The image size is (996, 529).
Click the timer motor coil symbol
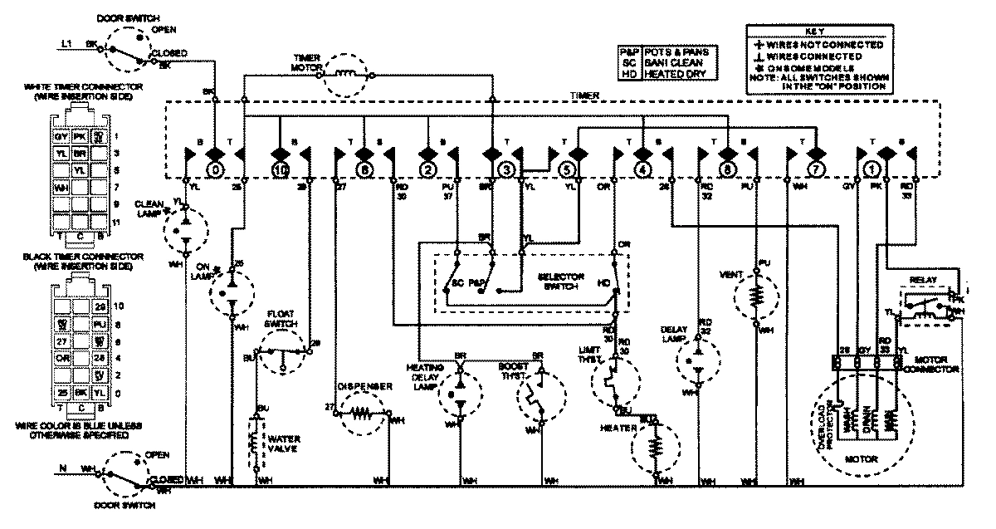(x=349, y=74)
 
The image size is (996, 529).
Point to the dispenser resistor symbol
(x=362, y=410)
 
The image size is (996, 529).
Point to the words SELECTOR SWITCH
(x=562, y=282)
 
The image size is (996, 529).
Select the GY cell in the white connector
(x=61, y=135)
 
